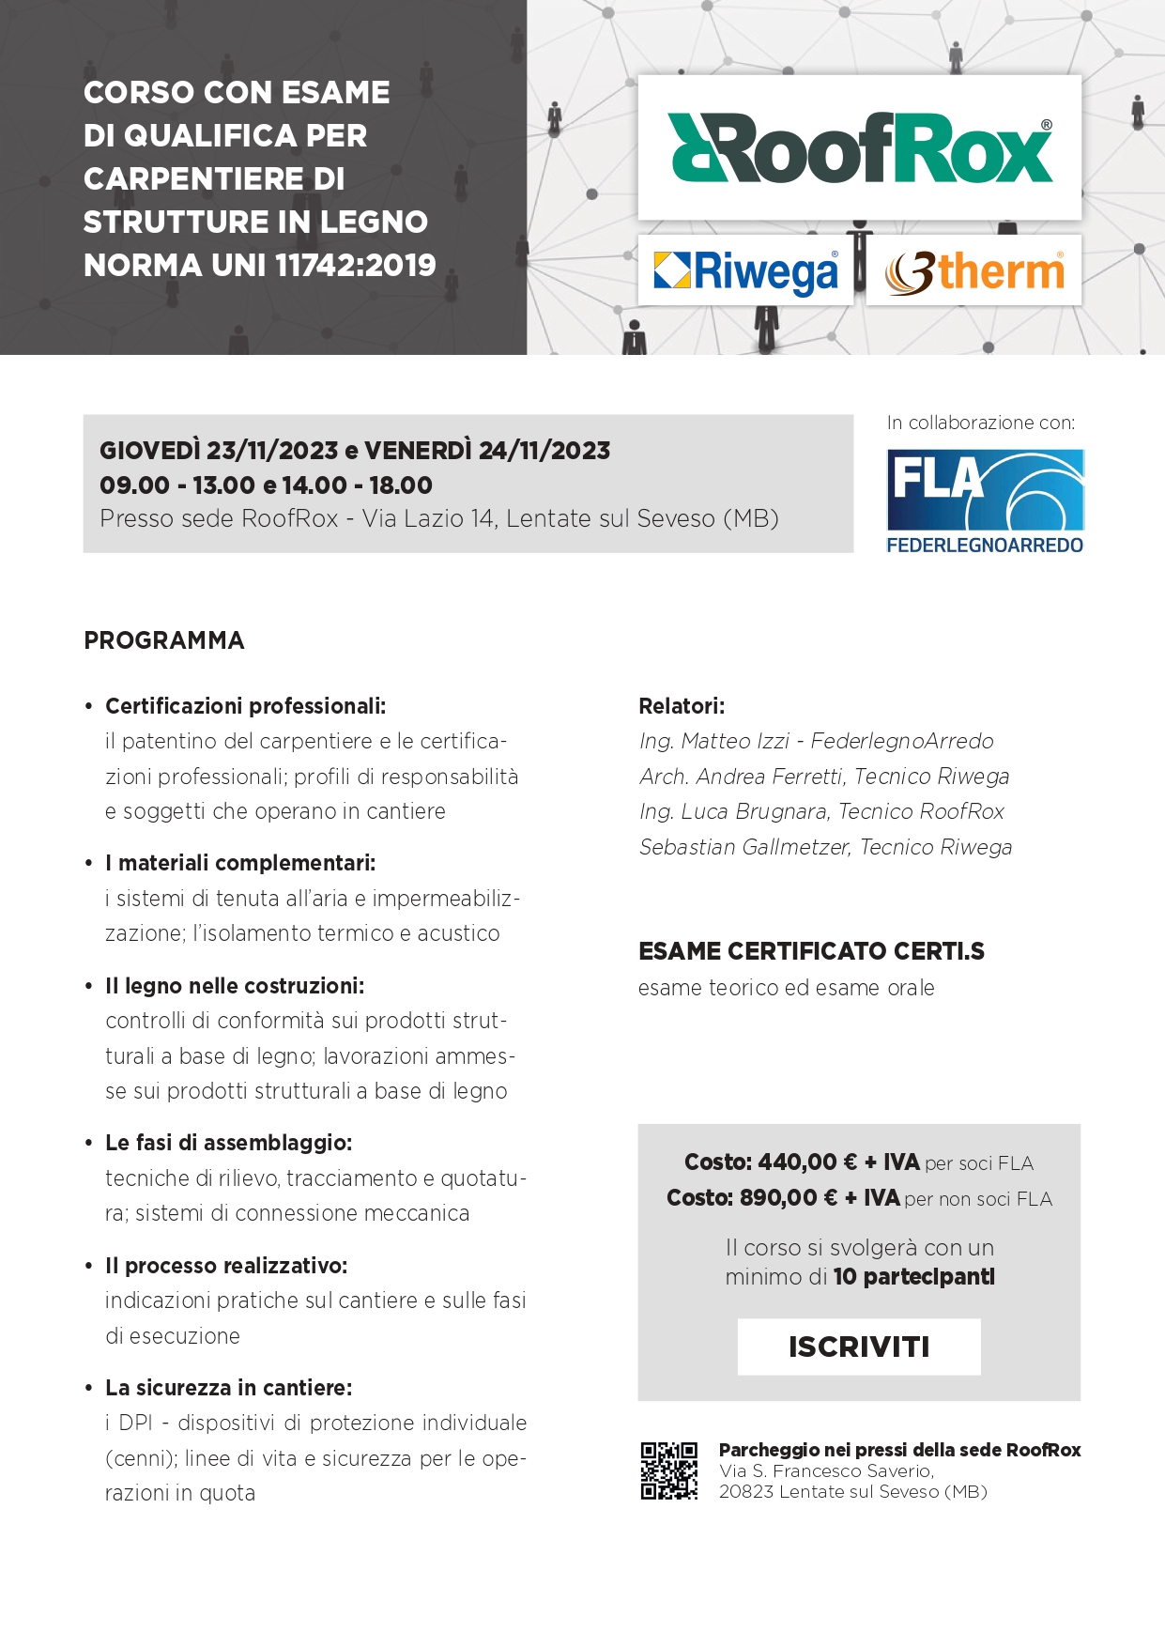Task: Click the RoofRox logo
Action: (860, 148)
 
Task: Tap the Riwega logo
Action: (745, 271)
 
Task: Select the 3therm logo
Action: (973, 271)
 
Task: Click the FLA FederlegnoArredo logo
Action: (985, 501)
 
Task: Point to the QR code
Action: (669, 1470)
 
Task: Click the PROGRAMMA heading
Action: (164, 640)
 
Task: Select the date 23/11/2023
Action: (272, 451)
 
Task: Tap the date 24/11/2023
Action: (544, 451)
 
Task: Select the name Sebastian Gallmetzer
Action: (744, 847)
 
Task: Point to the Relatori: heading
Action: (682, 706)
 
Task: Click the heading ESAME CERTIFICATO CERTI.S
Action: (811, 951)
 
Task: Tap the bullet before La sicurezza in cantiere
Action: (88, 1389)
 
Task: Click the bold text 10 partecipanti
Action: (913, 1277)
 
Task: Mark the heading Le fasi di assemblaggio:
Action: (228, 1143)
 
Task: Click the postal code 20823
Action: (747, 1492)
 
